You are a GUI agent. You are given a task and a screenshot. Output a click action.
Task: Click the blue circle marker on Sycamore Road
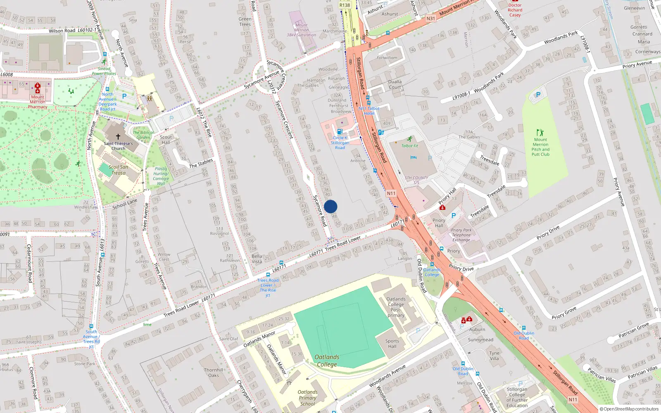click(x=330, y=206)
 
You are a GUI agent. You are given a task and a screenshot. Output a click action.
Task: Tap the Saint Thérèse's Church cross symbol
click(x=118, y=136)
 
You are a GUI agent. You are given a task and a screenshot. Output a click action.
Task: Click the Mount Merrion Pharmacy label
click(x=38, y=102)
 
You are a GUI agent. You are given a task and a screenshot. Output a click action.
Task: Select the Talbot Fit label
click(x=410, y=146)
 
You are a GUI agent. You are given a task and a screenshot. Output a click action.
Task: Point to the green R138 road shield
click(x=345, y=5)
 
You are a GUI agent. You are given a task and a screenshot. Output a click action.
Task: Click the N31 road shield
click(x=430, y=19)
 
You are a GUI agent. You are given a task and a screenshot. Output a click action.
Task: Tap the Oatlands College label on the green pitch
click(x=327, y=361)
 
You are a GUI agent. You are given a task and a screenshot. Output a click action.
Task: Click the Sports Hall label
click(x=392, y=344)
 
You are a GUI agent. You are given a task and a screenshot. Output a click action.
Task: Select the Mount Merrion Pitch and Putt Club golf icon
click(x=540, y=133)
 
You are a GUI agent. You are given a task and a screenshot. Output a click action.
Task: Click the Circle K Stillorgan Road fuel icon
click(x=340, y=132)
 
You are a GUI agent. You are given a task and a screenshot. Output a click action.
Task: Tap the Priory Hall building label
click(x=439, y=223)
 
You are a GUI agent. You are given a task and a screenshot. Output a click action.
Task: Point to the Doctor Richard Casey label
click(x=515, y=10)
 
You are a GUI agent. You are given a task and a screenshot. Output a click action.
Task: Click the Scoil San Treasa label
click(x=119, y=170)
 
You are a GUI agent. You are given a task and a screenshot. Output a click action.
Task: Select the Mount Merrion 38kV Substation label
click(x=302, y=30)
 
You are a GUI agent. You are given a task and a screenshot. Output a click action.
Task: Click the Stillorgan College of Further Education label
click(x=517, y=397)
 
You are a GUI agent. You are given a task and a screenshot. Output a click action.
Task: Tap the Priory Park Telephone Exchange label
click(x=461, y=235)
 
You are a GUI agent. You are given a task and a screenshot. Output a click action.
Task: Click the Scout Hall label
click(x=166, y=140)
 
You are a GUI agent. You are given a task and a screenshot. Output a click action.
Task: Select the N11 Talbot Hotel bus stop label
click(x=369, y=111)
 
